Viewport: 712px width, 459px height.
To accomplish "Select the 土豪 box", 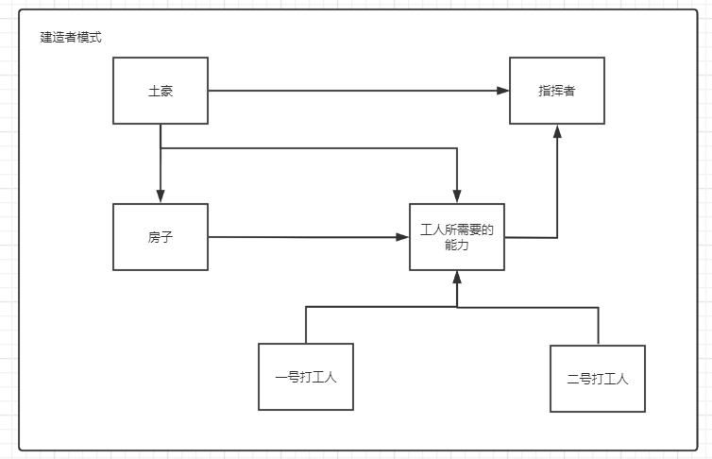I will [161, 91].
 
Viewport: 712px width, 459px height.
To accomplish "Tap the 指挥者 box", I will [557, 91].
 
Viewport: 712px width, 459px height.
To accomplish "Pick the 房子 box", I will [161, 237].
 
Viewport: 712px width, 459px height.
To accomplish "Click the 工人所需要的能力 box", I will [457, 237].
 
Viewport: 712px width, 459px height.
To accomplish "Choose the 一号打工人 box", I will [306, 377].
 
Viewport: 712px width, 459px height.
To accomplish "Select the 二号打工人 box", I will [598, 379].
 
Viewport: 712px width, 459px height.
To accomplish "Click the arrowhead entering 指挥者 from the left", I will [503, 91].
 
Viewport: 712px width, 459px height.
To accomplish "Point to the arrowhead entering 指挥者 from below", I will [557, 131].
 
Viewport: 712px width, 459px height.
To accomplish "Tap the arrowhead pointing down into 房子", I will [161, 196].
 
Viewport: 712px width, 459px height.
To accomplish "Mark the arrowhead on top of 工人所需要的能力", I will [457, 196].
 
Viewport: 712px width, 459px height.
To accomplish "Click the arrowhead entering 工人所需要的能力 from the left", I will [402, 237].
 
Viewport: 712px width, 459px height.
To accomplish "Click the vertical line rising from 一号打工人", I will [306, 325].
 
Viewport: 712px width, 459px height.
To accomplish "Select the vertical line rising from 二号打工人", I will [598, 326].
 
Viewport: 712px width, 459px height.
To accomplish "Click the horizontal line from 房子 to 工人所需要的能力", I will [302, 237].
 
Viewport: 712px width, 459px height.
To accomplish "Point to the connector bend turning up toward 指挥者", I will [557, 237].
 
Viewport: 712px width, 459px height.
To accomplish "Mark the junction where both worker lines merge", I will [457, 307].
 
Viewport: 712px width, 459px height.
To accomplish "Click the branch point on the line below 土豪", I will [161, 148].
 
